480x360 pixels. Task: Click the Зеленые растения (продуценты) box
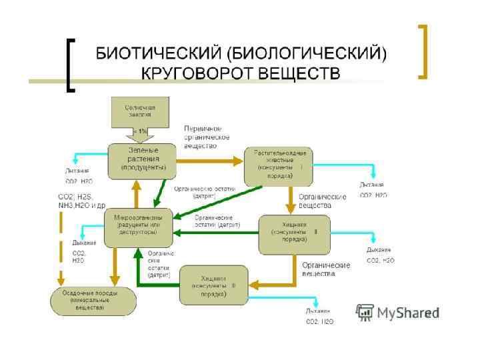(x=142, y=160)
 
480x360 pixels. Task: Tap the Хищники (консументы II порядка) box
(x=294, y=233)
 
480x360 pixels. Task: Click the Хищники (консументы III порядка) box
(x=213, y=283)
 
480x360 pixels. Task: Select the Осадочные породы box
(x=87, y=301)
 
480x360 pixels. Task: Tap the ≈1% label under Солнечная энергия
(x=141, y=131)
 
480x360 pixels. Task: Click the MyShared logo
(x=398, y=312)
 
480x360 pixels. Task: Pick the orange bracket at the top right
(x=422, y=51)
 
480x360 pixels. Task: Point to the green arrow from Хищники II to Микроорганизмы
(x=216, y=233)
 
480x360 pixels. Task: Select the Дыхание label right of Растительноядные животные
(x=372, y=184)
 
